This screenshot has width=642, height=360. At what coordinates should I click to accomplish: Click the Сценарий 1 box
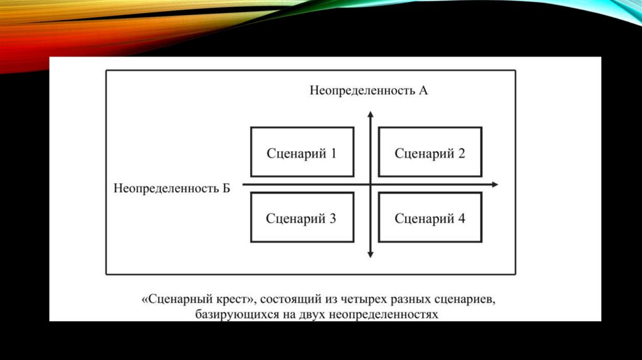[302, 152]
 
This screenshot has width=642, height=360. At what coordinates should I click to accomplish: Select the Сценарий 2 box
[430, 152]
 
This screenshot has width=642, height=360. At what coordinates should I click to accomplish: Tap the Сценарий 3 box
[302, 218]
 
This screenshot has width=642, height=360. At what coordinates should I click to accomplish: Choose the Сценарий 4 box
[430, 218]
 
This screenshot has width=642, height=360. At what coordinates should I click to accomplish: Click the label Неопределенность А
[369, 90]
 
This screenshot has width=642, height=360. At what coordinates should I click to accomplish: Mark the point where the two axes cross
[371, 184]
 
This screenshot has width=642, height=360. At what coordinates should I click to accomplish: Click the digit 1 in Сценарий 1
[333, 152]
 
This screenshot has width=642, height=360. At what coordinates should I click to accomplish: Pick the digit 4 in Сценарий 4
[461, 218]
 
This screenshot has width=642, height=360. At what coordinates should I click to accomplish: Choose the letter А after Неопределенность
[423, 90]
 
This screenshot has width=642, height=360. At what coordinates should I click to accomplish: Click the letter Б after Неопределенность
[226, 188]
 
